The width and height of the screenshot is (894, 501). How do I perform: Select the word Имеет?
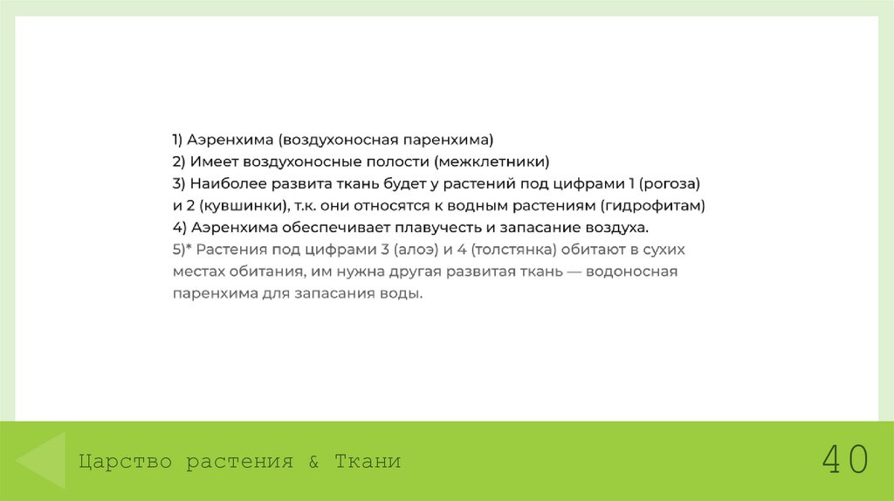pyautogui.click(x=207, y=161)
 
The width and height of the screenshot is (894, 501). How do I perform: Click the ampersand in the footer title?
pyautogui.click(x=314, y=462)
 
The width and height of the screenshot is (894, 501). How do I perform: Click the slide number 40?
pyautogui.click(x=844, y=460)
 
